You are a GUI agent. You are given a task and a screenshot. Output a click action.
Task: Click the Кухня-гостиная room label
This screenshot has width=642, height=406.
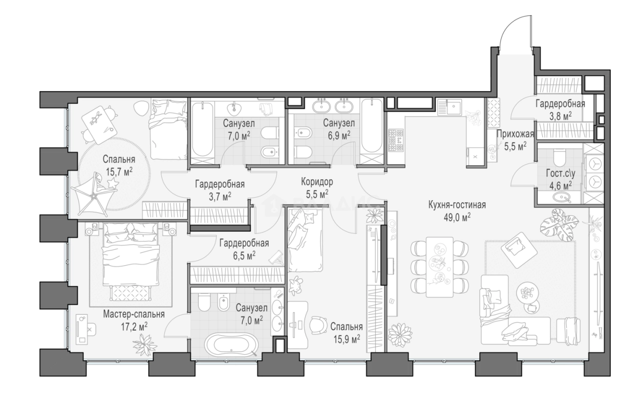pyautogui.click(x=457, y=205)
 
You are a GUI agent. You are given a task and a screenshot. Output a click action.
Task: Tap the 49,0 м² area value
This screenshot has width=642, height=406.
pyautogui.click(x=457, y=218)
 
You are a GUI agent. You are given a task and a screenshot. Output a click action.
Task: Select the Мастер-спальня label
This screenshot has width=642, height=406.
pyautogui.click(x=134, y=314)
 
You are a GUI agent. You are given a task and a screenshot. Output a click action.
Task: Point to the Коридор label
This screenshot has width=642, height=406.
pyautogui.click(x=317, y=182)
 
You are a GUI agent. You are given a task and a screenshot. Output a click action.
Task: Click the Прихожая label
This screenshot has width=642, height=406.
pyautogui.click(x=515, y=134)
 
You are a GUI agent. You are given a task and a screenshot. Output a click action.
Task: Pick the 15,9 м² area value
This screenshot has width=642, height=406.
pyautogui.click(x=347, y=339)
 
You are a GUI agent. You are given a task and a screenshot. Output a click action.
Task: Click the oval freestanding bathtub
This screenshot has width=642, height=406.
pyautogui.click(x=231, y=344)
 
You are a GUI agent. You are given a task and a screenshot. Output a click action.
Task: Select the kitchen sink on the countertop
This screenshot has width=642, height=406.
pyautogui.click(x=449, y=107)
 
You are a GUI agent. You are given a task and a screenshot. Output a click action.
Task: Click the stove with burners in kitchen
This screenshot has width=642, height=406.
pyautogui.click(x=396, y=140)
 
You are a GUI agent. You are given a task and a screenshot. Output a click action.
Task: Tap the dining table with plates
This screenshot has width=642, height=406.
pyautogui.click(x=439, y=267)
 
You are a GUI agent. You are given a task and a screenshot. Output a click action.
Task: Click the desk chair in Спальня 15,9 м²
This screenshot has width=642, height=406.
pyautogui.click(x=318, y=325)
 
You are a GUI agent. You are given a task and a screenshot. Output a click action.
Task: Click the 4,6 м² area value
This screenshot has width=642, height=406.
pyautogui.click(x=560, y=186)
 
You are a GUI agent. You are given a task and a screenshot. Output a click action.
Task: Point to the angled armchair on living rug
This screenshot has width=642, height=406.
pyautogui.click(x=519, y=250)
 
